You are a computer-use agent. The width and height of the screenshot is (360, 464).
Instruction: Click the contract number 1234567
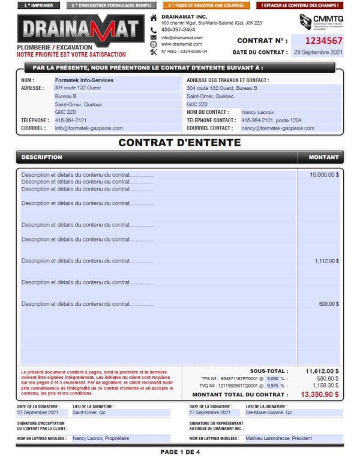[324, 41]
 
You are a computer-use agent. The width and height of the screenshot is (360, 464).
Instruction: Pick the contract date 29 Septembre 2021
[318, 53]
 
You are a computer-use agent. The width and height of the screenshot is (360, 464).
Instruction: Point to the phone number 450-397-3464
[178, 29]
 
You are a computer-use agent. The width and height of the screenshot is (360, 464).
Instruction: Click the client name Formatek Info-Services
[84, 80]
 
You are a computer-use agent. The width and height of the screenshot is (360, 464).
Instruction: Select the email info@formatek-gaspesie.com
[89, 128]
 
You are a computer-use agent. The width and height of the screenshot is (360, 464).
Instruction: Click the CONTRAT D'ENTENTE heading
[179, 143]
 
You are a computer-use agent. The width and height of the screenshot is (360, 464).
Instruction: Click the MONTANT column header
[323, 158]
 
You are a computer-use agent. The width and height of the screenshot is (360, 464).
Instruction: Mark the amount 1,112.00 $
[326, 261]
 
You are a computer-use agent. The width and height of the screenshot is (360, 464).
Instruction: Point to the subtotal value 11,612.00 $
[322, 371]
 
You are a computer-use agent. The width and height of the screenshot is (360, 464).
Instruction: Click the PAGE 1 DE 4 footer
[180, 452]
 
